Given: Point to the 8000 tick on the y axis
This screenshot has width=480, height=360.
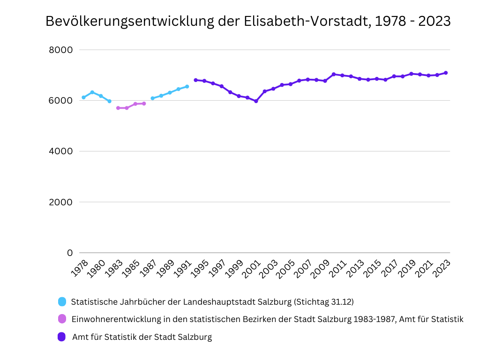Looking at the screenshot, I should pyautogui.click(x=60, y=50).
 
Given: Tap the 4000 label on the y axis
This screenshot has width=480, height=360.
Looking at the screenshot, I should pyautogui.click(x=60, y=151).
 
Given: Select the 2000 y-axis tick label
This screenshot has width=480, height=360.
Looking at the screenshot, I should pyautogui.click(x=60, y=202).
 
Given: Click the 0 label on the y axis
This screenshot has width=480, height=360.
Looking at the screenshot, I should pyautogui.click(x=70, y=253).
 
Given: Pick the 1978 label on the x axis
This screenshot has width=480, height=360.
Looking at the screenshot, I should pyautogui.click(x=80, y=268).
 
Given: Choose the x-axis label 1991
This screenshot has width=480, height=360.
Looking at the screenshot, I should pyautogui.click(x=183, y=268).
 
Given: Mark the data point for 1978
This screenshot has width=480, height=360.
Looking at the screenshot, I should pyautogui.click(x=83, y=97).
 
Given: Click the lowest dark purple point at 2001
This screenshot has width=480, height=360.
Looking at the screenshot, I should pyautogui.click(x=256, y=101).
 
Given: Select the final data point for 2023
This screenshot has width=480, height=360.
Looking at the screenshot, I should pyautogui.click(x=446, y=73).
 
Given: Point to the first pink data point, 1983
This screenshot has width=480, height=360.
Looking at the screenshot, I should pyautogui.click(x=118, y=108).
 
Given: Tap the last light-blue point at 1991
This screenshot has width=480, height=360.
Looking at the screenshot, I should pyautogui.click(x=187, y=86).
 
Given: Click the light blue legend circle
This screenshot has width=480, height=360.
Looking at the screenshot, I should pyautogui.click(x=62, y=301).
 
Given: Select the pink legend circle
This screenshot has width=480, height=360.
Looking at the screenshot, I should pyautogui.click(x=62, y=319).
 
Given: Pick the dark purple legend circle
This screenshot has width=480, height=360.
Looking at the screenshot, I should pyautogui.click(x=62, y=337).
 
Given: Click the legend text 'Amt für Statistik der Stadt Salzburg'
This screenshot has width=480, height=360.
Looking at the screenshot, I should pyautogui.click(x=142, y=337).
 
